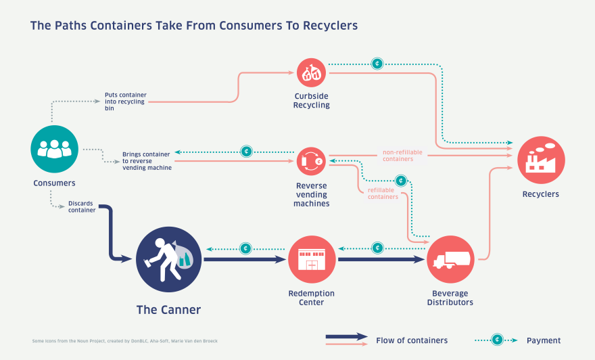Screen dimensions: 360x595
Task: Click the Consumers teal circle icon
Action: [55, 149]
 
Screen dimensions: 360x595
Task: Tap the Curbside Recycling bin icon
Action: [311, 73]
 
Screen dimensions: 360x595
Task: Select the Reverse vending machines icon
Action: [312, 162]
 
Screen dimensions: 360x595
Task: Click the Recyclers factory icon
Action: [541, 160]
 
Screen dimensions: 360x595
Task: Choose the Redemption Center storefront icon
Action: [312, 259]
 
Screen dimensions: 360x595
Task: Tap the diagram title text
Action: [194, 26]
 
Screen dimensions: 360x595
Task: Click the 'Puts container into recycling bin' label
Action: [126, 102]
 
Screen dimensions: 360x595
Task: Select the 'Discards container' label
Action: [82, 206]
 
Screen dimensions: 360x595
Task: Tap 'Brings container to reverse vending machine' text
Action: [147, 160]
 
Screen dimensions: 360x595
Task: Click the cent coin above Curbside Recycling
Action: [377, 64]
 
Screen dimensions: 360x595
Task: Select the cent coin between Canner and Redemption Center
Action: [246, 248]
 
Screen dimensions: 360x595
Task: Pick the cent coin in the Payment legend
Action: [497, 340]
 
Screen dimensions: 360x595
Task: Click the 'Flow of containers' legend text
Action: [412, 340]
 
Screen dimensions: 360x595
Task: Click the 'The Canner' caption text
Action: [168, 310]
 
